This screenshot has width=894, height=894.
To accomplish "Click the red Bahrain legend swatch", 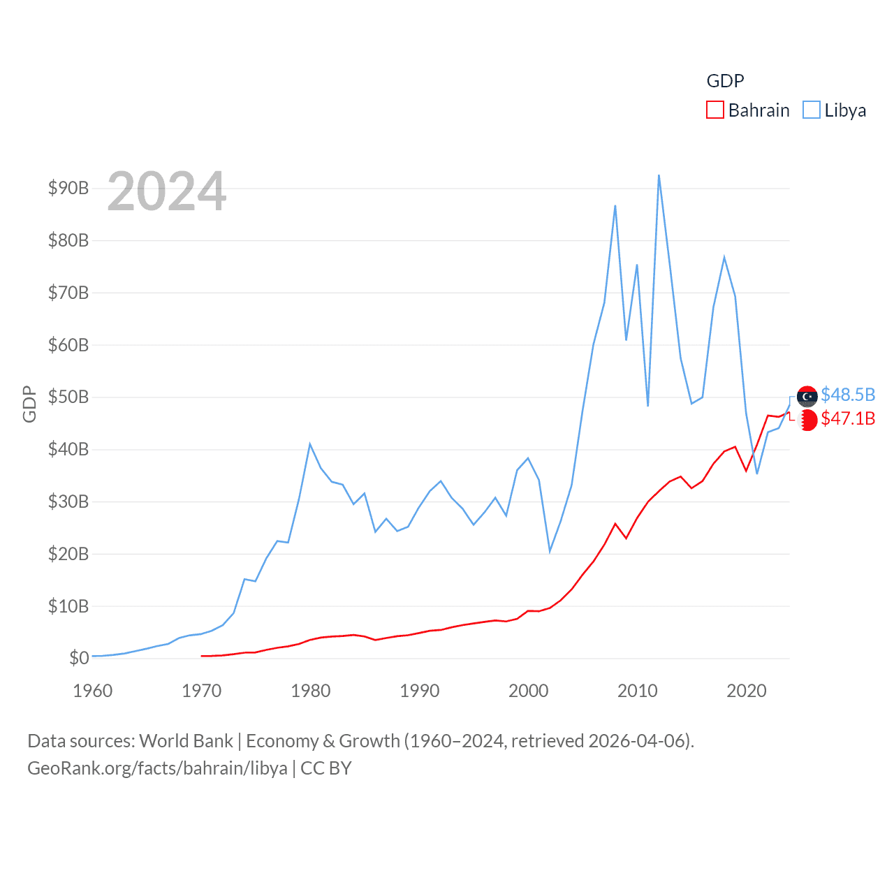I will (715, 110).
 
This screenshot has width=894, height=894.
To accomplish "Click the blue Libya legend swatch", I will (812, 110).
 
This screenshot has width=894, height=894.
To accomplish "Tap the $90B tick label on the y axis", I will (68, 188).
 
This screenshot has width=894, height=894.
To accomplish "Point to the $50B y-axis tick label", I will (68, 397).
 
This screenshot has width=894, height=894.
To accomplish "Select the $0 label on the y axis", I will (79, 658).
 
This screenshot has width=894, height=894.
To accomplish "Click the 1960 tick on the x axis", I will (93, 691).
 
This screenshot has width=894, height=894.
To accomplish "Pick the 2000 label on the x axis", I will (529, 691).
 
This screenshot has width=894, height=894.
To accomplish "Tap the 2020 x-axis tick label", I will (747, 691).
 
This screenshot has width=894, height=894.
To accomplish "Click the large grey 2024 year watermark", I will (166, 191).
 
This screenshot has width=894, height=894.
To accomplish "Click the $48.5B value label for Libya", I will (848, 395).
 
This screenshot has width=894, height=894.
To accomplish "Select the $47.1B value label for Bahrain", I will (848, 418).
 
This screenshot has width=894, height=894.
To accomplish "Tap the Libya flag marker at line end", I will (807, 396).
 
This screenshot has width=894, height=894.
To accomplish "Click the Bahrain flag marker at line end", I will (807, 420).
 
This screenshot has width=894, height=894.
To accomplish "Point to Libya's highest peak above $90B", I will (659, 175).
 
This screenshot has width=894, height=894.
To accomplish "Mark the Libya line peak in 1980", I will (310, 444).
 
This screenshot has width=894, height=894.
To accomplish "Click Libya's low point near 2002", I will (550, 552).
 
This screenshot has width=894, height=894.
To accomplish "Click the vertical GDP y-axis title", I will (29, 404).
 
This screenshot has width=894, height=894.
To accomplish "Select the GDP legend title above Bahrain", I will (725, 81).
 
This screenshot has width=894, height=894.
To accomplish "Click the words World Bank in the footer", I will (186, 740).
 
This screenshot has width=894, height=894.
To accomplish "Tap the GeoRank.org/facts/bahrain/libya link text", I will (157, 768).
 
